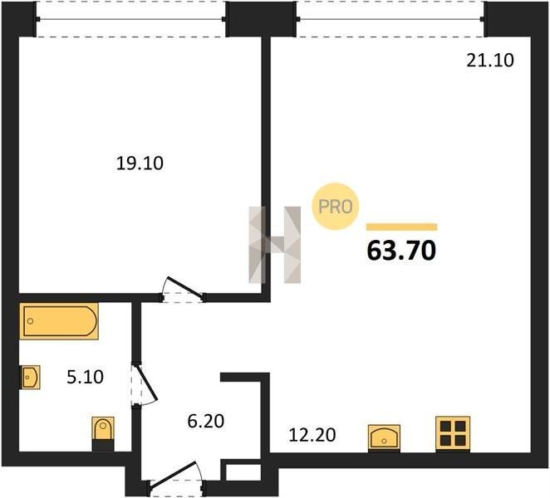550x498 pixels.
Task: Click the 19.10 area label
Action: [x=140, y=164]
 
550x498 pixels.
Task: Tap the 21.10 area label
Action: [x=490, y=61]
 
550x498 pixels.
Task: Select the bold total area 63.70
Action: [x=401, y=251]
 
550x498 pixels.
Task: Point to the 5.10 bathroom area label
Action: [x=85, y=377]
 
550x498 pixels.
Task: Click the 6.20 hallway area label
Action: [x=205, y=422]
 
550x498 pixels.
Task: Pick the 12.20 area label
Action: [x=312, y=435]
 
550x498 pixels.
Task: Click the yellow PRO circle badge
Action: [x=336, y=207]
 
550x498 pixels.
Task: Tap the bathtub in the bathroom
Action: [x=59, y=321]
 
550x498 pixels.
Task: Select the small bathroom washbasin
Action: [x=31, y=377]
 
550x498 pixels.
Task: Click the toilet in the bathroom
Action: [x=103, y=433]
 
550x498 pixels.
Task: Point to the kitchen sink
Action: [x=384, y=438]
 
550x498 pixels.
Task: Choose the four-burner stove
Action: [x=453, y=434]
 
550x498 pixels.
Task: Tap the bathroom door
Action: [x=144, y=385]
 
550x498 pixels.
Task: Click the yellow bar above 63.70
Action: [x=402, y=227]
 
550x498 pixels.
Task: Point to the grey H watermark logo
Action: [x=275, y=245]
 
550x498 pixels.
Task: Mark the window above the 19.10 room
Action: [x=130, y=18]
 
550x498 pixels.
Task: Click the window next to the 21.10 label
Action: [x=390, y=18]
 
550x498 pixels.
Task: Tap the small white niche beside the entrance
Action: [x=243, y=472]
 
